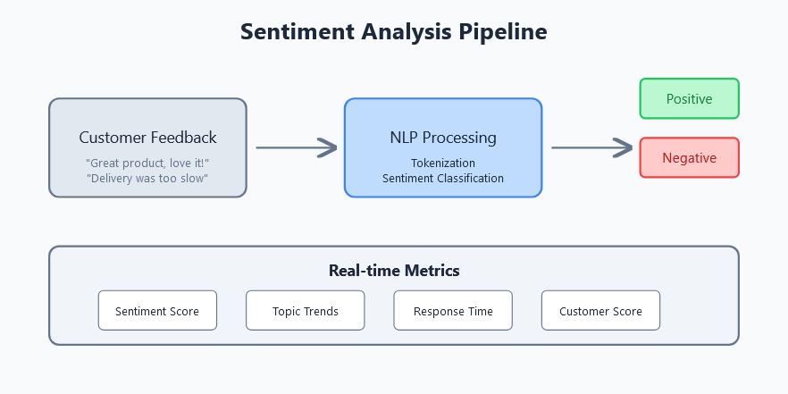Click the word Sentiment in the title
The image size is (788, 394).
pos(297,31)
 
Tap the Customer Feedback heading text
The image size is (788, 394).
pos(147,138)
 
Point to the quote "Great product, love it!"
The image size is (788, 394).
pos(147,163)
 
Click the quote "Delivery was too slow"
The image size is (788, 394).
pos(147,179)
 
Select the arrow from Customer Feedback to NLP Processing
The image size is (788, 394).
pos(297,147)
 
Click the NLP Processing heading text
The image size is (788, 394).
pos(443,138)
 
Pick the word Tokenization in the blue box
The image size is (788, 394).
pos(443,163)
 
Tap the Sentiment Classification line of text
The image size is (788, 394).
pos(443,179)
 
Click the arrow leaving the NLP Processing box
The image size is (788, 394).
pos(592,147)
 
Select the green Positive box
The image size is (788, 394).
pos(690,98)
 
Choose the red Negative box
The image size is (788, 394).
pos(690,158)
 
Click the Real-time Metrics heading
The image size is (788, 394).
pos(394,271)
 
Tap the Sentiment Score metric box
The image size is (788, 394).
pos(157,311)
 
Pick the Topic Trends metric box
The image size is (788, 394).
pos(305,311)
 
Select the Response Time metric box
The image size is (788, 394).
pos(453,311)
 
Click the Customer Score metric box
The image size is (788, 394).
pos(600,311)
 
